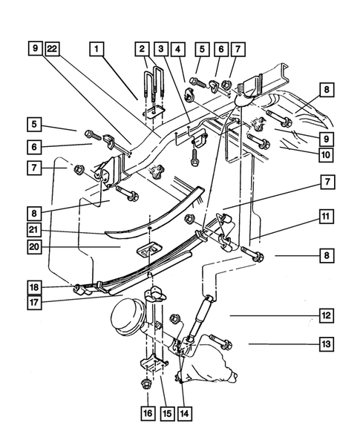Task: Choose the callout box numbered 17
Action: click(34, 302)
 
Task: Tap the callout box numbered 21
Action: click(34, 232)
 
